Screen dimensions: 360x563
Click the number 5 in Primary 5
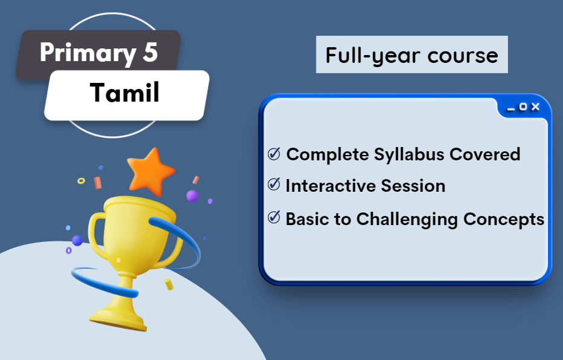click(150, 53)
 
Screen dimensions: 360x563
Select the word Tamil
click(125, 93)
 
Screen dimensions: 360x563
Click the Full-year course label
click(411, 55)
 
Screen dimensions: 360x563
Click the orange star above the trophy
click(149, 171)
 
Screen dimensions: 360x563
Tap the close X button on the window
click(535, 107)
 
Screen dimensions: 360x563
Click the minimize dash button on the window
click(511, 108)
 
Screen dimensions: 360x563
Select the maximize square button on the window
click(523, 107)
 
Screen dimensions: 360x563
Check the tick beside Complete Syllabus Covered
click(274, 154)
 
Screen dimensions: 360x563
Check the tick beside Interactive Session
click(274, 185)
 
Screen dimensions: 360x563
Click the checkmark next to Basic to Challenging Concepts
click(274, 218)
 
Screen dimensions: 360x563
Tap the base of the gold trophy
click(118, 317)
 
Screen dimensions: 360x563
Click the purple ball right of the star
click(192, 195)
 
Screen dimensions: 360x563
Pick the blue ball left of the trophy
click(77, 240)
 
